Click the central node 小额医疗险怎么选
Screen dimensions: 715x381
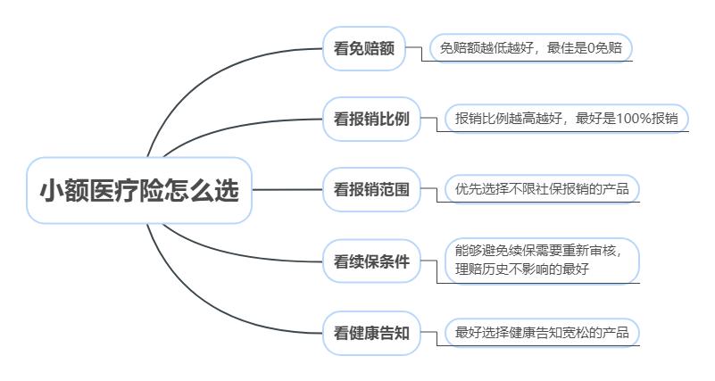click(x=139, y=190)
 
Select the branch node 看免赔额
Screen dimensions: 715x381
click(x=364, y=48)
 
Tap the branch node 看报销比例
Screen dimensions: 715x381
click(x=371, y=119)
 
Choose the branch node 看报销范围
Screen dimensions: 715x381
click(x=371, y=189)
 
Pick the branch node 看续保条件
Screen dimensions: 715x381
click(x=371, y=261)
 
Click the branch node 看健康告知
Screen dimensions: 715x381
click(x=371, y=333)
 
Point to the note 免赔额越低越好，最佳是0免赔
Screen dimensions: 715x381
click(x=531, y=48)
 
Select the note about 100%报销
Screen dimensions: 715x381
click(x=566, y=119)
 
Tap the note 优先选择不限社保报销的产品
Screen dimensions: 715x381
click(x=542, y=188)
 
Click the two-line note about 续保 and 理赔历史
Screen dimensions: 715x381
click(x=542, y=261)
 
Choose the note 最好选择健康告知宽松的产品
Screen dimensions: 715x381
click(x=542, y=332)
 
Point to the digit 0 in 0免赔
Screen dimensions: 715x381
click(x=591, y=48)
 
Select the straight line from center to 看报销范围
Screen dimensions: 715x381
click(x=287, y=189)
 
